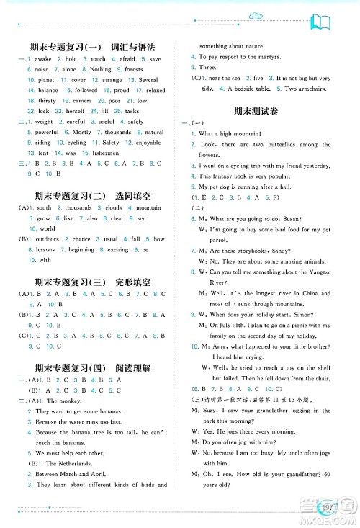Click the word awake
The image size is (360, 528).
tap(45, 59)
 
